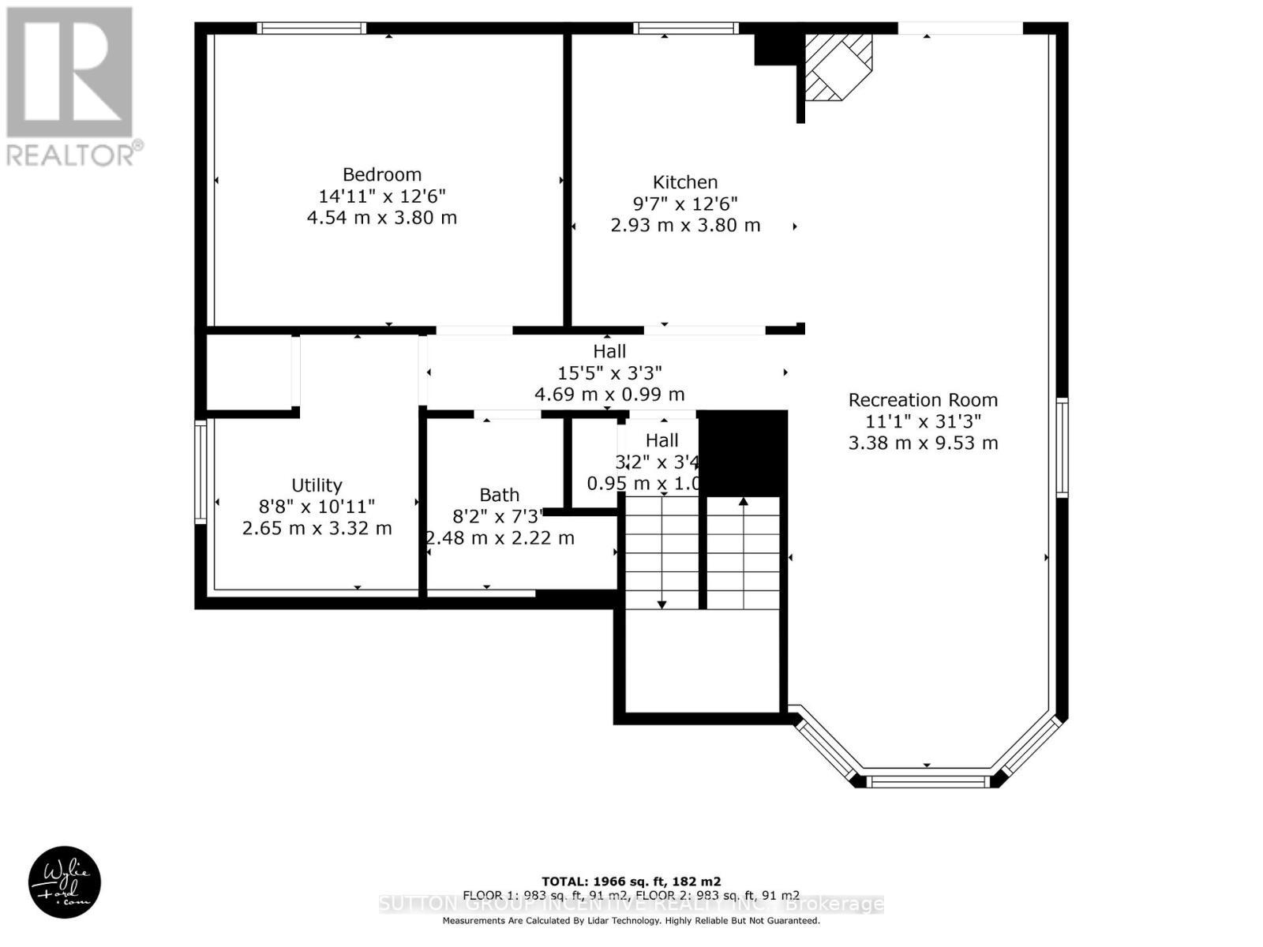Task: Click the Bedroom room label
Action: pos(382,174)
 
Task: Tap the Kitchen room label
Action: pos(685,182)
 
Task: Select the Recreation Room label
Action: pos(923,400)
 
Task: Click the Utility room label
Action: pos(317,485)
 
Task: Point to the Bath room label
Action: pos(500,495)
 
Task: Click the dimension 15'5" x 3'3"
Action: pos(609,372)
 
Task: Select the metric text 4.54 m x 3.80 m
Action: pos(382,218)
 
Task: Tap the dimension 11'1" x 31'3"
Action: pos(923,421)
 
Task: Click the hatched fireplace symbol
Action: pos(838,67)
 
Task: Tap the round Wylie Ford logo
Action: pos(65,882)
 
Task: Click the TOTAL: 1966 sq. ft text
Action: pos(631,881)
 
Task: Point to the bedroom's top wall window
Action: pos(312,28)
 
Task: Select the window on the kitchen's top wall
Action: pos(685,28)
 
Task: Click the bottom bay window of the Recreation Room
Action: pos(928,781)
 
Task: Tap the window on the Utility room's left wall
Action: pos(201,472)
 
